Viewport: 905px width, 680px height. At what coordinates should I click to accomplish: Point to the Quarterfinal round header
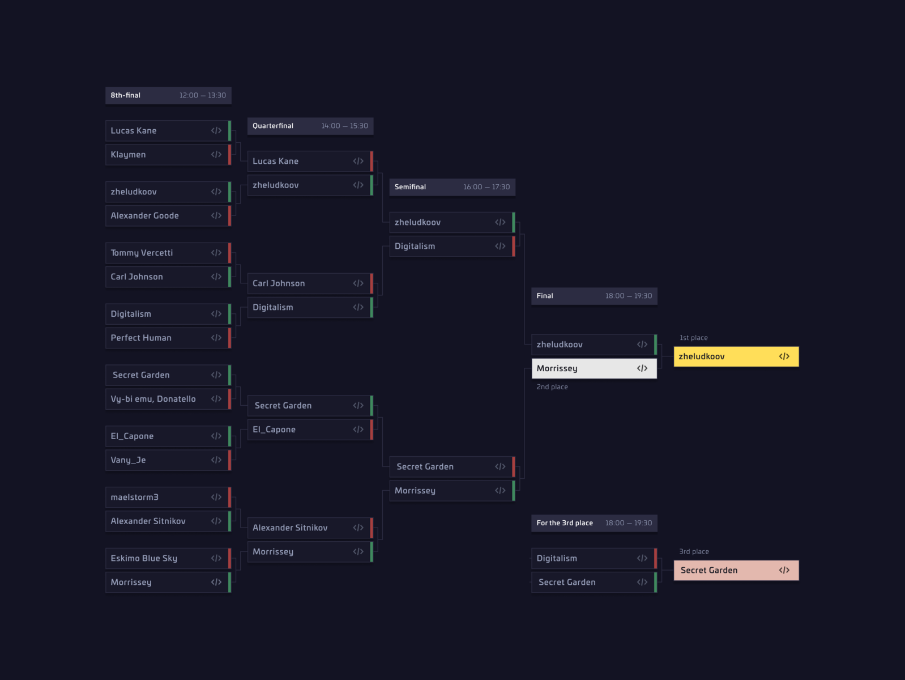[310, 126]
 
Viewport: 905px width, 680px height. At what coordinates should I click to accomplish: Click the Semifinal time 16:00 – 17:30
[486, 187]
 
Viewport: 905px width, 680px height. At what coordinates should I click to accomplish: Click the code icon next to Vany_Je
[216, 460]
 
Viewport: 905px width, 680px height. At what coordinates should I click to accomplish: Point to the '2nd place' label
[552, 387]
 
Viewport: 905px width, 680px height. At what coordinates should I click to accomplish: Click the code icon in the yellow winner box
[784, 356]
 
